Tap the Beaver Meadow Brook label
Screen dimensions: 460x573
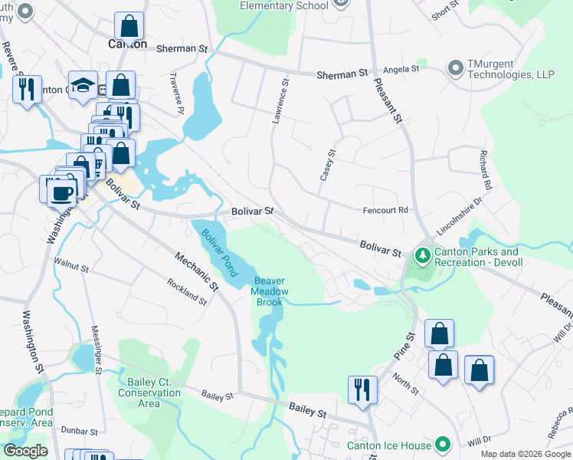click(x=271, y=291)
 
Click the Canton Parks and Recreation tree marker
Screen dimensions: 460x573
click(x=421, y=254)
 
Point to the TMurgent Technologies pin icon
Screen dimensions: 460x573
click(x=456, y=68)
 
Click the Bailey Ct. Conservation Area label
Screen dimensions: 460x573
click(x=149, y=393)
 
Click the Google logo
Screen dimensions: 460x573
click(x=26, y=451)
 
